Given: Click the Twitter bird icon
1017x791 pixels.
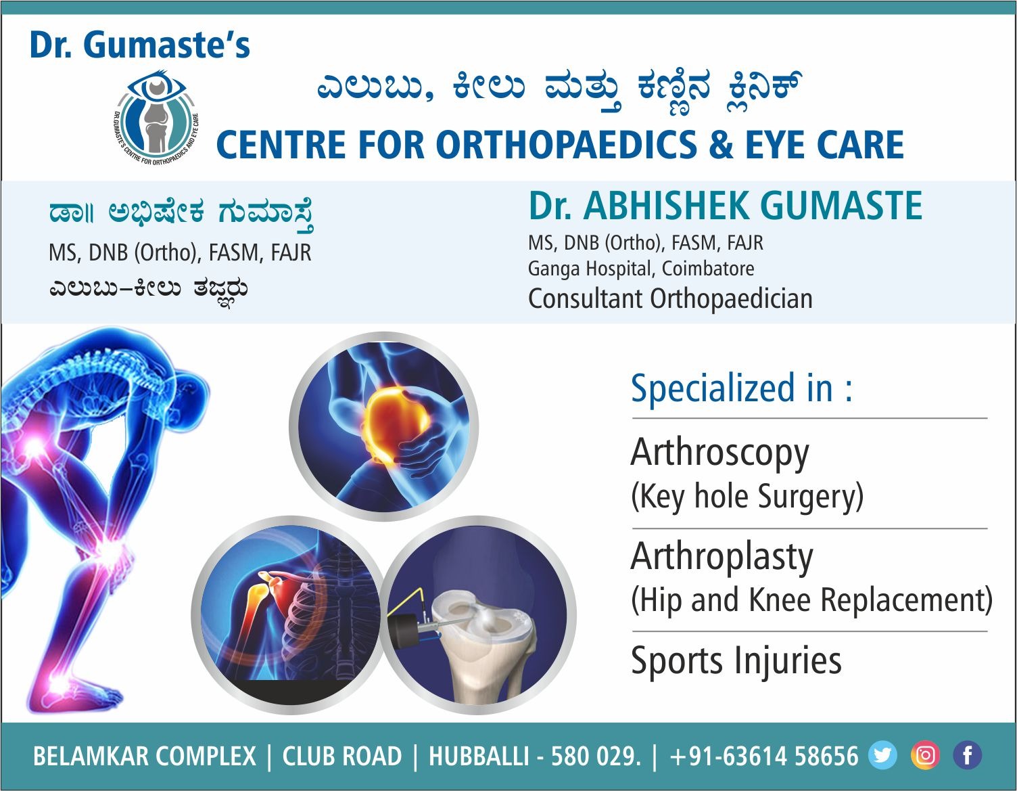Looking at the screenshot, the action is pos(882,756).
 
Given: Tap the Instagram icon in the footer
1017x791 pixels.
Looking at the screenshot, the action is pos(925,756).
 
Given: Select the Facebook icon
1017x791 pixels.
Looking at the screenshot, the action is pos(968,756).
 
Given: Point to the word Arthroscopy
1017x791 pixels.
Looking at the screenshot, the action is pos(719,453).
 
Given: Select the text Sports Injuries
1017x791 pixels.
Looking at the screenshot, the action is pos(736,660).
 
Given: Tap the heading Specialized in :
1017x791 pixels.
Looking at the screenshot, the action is pos(742,388).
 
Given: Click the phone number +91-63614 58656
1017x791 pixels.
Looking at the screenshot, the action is pos(764,756).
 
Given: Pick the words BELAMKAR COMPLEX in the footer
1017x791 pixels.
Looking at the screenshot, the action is pos(145,756).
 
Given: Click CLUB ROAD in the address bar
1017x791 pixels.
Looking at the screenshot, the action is pos(342,756).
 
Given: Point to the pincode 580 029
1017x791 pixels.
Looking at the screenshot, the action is pos(596,756).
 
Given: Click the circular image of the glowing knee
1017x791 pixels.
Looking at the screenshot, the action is pos(384,426).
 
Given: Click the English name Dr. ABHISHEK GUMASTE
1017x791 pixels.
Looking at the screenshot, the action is pos(726,206).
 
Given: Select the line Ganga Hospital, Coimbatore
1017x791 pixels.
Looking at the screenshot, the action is pos(641,269).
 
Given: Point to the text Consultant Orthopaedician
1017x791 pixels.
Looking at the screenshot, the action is pos(670,298).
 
